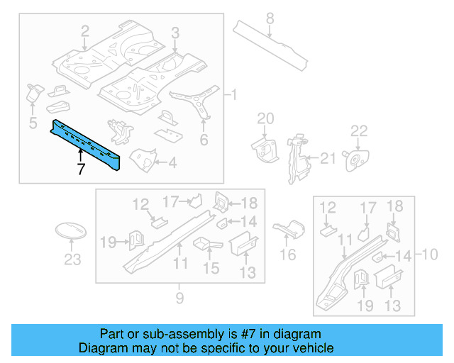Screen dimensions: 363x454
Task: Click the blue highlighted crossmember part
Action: [x=85, y=142]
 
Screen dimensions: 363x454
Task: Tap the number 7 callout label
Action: [x=81, y=168]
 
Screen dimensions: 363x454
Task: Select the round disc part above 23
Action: [x=71, y=232]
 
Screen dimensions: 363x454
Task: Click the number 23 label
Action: [x=73, y=259]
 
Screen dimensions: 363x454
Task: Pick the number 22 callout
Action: [x=360, y=130]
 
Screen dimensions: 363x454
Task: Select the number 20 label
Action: [x=265, y=118]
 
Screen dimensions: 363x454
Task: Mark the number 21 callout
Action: [x=327, y=159]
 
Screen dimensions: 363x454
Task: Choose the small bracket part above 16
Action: [x=287, y=229]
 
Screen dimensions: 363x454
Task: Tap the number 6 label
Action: [x=204, y=140]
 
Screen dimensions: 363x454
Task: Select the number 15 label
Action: [x=211, y=268]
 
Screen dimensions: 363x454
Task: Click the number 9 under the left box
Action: [x=180, y=298]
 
